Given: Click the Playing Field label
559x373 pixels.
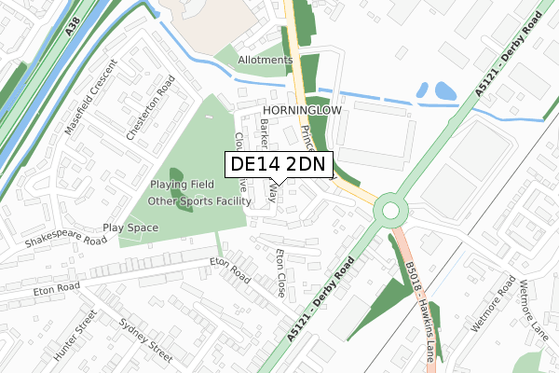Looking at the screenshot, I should pyautogui.click(x=188, y=185).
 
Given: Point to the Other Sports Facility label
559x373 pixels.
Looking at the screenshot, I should pyautogui.click(x=199, y=200).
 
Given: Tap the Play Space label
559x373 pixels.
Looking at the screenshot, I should pyautogui.click(x=130, y=228).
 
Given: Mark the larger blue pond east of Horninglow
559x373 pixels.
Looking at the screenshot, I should pyautogui.click(x=445, y=91).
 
